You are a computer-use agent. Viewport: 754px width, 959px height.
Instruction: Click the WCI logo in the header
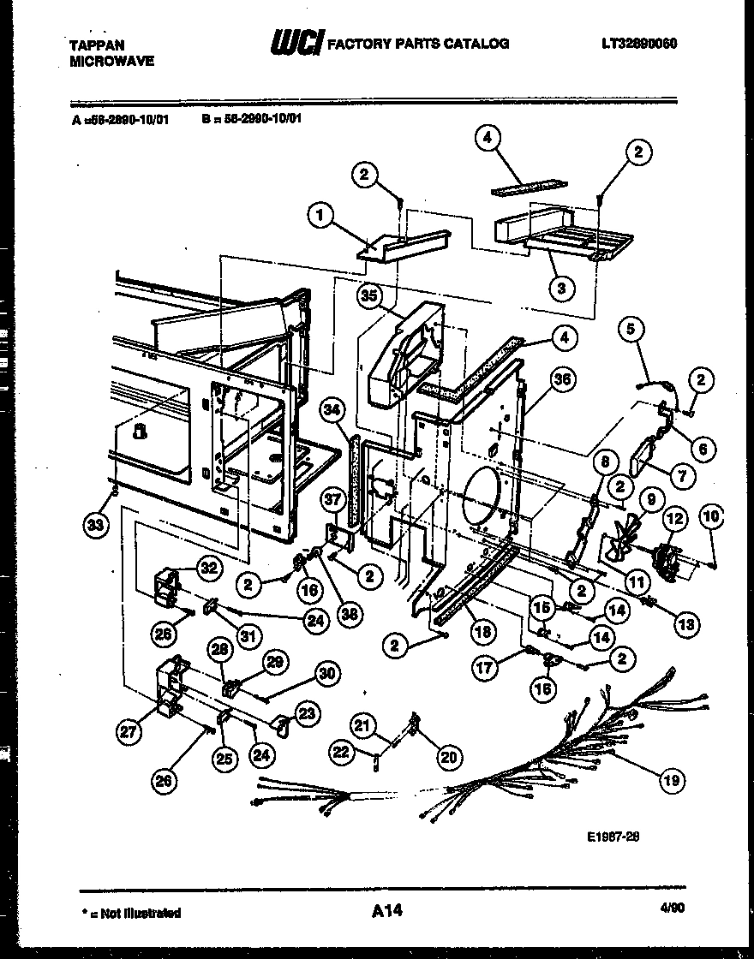pyautogui.click(x=295, y=43)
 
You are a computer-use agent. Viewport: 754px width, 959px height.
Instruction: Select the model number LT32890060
pyautogui.click(x=638, y=43)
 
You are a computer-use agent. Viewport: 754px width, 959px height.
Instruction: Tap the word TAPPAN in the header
pyautogui.click(x=92, y=46)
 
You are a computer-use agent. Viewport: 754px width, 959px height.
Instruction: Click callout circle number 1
pyautogui.click(x=320, y=217)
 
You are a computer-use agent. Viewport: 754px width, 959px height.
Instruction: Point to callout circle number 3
pyautogui.click(x=561, y=288)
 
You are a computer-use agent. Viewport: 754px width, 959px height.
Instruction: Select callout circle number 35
pyautogui.click(x=369, y=295)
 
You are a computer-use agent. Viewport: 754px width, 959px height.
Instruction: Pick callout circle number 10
pyautogui.click(x=712, y=515)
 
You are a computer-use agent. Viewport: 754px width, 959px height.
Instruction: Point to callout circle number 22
pyautogui.click(x=341, y=751)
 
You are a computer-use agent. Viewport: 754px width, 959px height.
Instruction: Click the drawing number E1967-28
pyautogui.click(x=614, y=837)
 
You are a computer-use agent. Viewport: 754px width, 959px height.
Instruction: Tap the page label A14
pyautogui.click(x=387, y=913)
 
